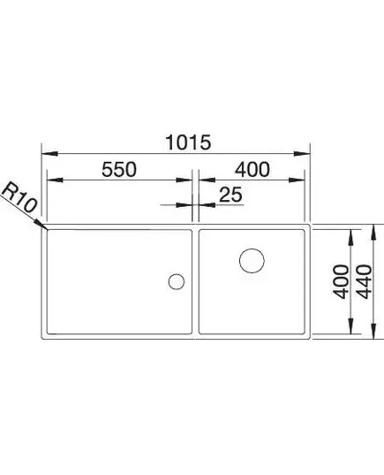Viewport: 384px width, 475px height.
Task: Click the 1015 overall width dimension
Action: (x=188, y=142)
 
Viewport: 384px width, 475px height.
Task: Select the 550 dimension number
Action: (x=119, y=169)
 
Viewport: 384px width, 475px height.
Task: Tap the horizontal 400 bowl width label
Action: (x=252, y=169)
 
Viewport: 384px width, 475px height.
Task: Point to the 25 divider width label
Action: (x=230, y=195)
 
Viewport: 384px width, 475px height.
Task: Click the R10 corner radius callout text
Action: (x=19, y=197)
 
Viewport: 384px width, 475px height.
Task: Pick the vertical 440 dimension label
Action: (x=364, y=282)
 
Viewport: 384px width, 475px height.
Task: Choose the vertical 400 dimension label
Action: (x=341, y=282)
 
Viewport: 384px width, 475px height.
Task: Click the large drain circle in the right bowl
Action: (x=252, y=261)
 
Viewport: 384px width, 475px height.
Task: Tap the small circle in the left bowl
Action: (x=177, y=281)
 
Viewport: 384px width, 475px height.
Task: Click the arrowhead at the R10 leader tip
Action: (x=41, y=224)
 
